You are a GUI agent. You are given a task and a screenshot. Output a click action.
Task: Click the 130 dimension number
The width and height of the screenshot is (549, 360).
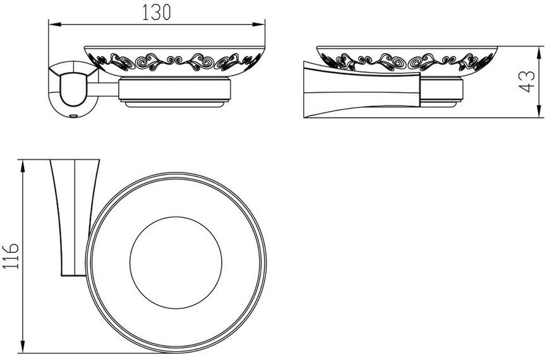157,12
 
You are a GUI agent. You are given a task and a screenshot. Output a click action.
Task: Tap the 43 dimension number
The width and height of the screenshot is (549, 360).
526,82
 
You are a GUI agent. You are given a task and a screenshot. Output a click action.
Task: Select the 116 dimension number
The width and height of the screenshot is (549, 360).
11,256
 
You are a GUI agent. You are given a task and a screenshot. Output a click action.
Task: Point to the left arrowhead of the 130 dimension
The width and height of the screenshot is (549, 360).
55,25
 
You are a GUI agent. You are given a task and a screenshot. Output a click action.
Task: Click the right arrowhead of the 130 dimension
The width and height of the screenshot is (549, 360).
258,25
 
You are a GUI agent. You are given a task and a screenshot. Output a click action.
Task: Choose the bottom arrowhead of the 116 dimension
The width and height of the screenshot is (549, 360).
23,346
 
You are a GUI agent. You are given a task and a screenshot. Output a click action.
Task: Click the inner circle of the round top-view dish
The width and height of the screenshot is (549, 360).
176,217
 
